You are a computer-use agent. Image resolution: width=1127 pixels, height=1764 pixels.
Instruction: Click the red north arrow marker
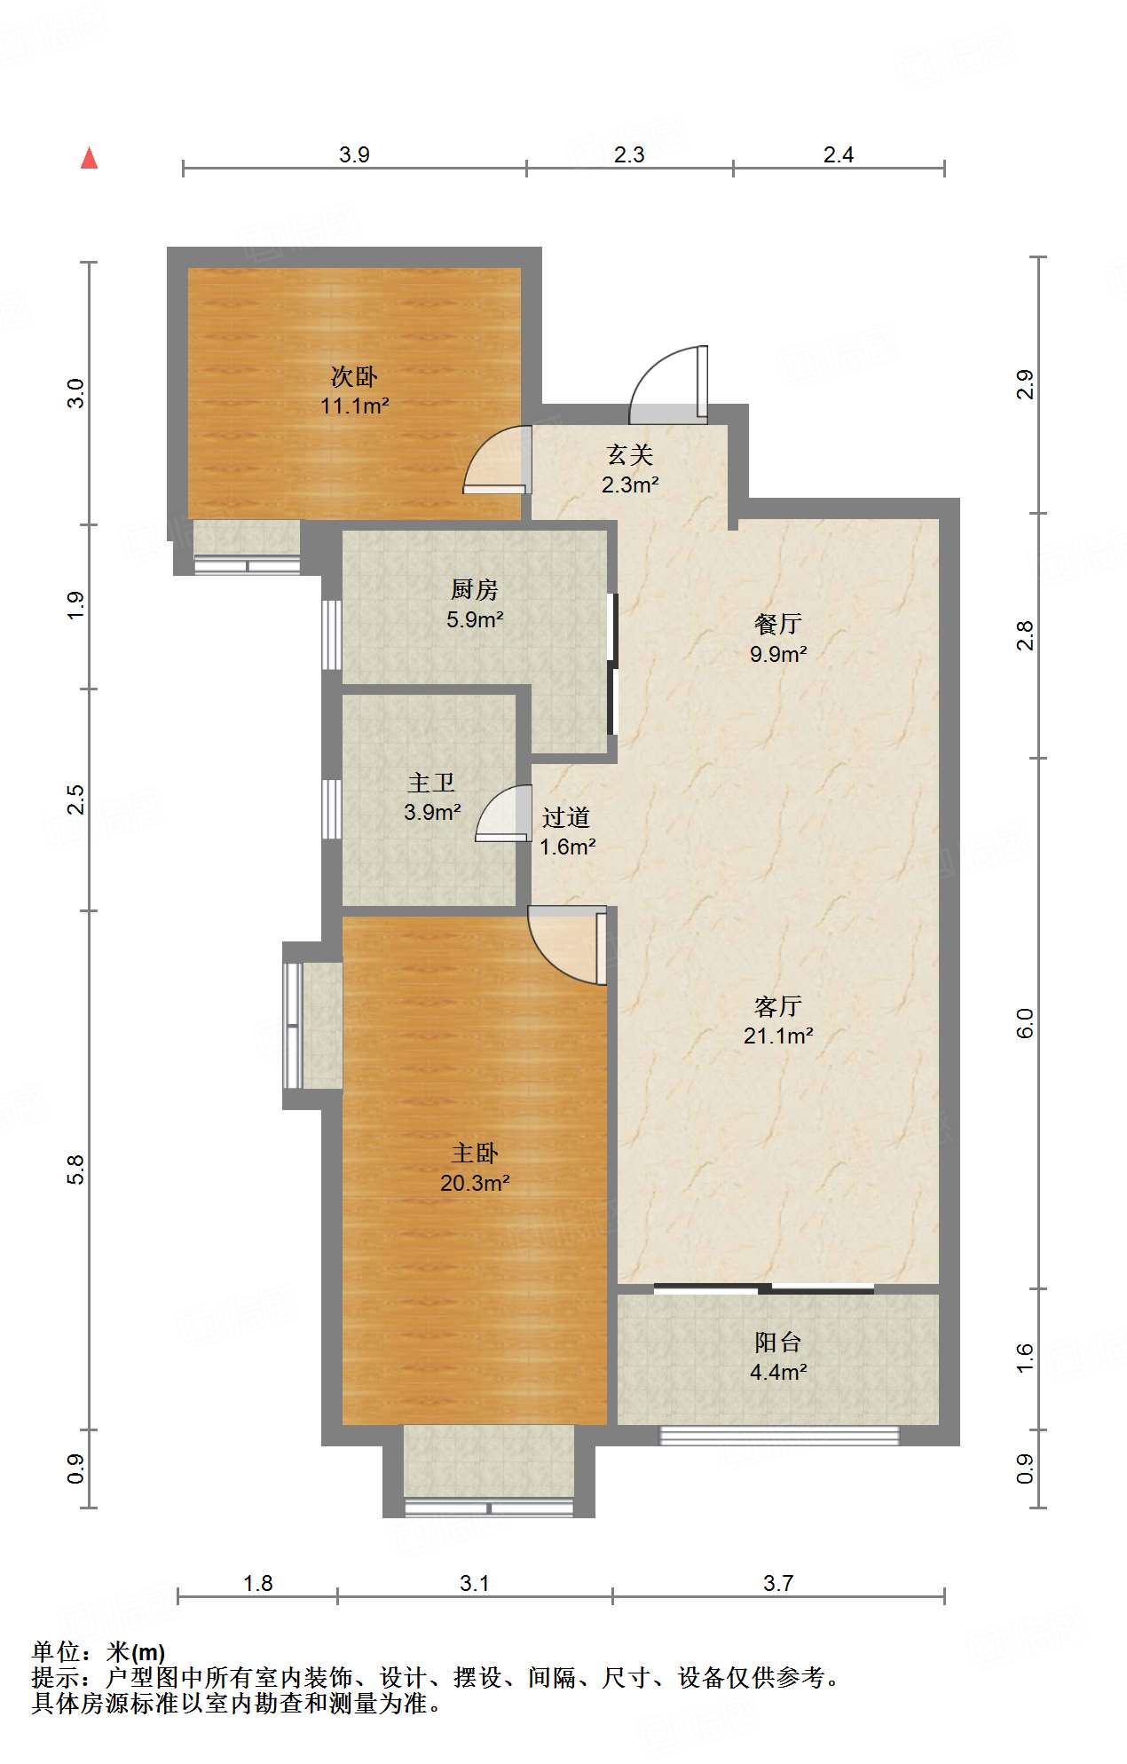pos(89,158)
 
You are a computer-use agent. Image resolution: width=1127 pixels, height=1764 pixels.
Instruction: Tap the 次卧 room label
pos(354,377)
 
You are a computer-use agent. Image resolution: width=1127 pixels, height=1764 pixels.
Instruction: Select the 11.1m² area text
pos(355,406)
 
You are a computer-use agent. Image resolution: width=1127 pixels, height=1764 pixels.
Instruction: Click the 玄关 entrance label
pos(630,455)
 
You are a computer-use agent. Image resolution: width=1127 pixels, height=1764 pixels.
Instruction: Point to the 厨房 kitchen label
pos(475,589)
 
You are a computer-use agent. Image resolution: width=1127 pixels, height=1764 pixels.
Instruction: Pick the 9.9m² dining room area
pos(778,654)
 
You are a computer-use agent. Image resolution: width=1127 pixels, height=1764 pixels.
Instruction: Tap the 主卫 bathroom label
pos(431,783)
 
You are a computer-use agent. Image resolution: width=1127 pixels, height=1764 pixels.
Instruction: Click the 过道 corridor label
pos(566,817)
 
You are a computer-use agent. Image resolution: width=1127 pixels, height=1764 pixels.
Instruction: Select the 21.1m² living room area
pos(778,1036)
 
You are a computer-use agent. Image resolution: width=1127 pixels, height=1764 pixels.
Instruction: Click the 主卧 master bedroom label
pos(475,1154)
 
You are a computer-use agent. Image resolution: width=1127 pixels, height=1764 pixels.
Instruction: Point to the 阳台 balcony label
pos(778,1343)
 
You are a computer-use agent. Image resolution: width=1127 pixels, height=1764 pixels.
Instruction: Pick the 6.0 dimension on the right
pos(1024,1023)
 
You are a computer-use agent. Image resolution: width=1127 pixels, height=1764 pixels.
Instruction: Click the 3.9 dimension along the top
pos(354,154)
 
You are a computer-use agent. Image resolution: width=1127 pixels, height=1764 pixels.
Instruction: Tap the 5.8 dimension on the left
pos(75,1169)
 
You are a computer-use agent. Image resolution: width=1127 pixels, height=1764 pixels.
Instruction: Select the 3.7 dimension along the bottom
pos(778,1583)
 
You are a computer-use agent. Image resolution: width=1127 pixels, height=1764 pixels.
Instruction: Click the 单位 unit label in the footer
pos(56,1652)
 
